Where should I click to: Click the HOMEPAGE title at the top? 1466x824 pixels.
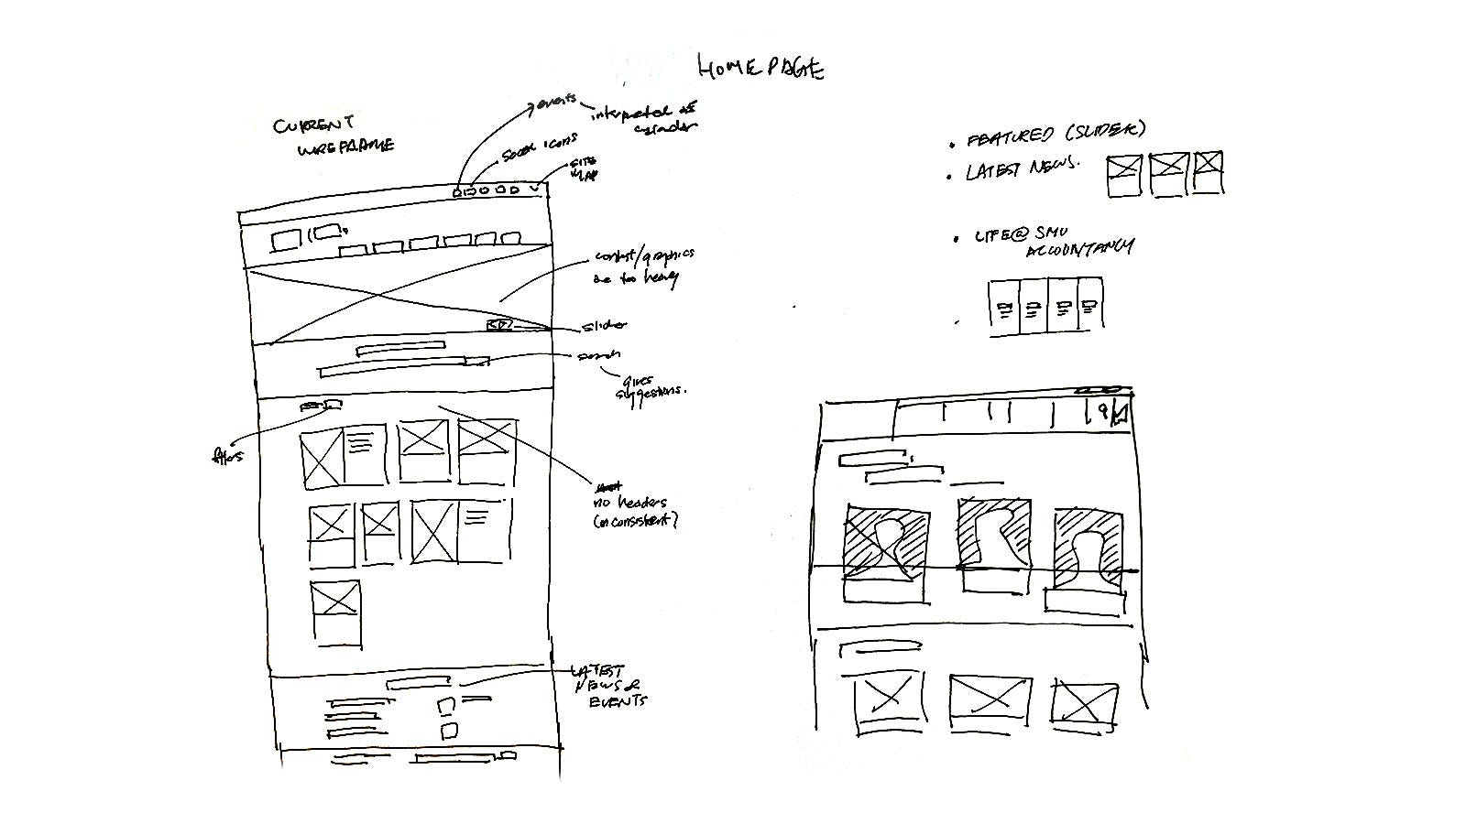760,68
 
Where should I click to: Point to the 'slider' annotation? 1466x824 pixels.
604,326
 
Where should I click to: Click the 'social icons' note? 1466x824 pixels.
540,149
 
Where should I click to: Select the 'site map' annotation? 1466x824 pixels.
584,168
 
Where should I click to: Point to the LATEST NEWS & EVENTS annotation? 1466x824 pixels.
607,686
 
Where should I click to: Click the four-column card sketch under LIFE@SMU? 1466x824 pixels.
1045,306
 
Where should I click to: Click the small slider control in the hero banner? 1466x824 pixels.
499,325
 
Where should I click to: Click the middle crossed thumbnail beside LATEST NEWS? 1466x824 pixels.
1168,173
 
